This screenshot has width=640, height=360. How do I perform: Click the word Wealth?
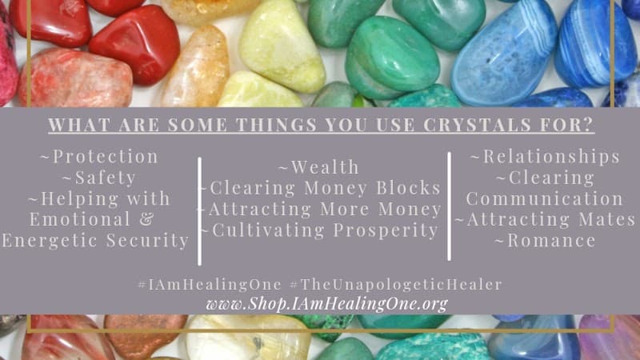pos(323,167)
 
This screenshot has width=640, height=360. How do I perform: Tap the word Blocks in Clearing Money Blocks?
pos(410,188)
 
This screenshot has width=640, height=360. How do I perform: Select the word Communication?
pos(545,198)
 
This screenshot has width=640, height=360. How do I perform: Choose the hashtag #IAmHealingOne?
pos(210,285)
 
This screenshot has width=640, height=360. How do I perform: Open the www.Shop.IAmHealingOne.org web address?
pos(326,304)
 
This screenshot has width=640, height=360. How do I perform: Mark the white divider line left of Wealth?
pos(198,210)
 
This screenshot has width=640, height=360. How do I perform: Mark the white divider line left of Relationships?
pos(449,206)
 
